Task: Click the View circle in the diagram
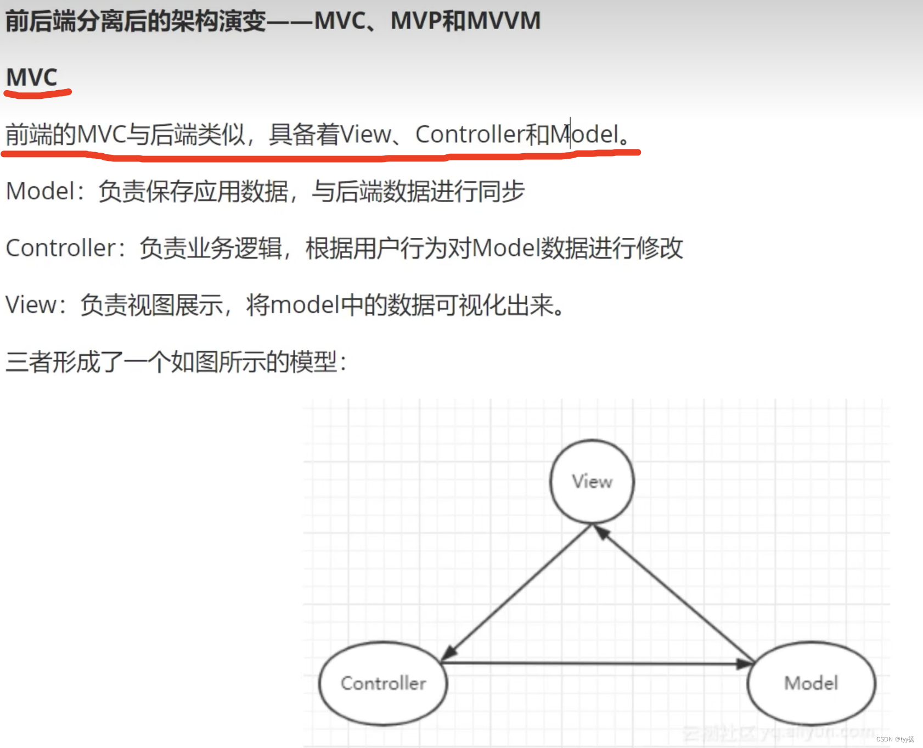click(x=592, y=481)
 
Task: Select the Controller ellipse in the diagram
click(x=383, y=683)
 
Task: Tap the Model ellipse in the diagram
click(x=811, y=683)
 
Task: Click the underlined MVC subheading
click(x=32, y=77)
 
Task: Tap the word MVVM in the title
click(x=504, y=21)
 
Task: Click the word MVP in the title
click(x=415, y=21)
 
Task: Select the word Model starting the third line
click(x=40, y=191)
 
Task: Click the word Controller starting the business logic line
click(x=60, y=248)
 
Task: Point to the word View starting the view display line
click(x=31, y=304)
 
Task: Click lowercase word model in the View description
click(x=305, y=304)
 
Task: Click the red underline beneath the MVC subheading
click(x=37, y=94)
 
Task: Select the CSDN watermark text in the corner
click(x=895, y=739)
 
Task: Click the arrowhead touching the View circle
click(x=601, y=532)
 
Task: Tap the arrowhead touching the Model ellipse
click(x=745, y=663)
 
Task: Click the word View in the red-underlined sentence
click(x=365, y=134)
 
